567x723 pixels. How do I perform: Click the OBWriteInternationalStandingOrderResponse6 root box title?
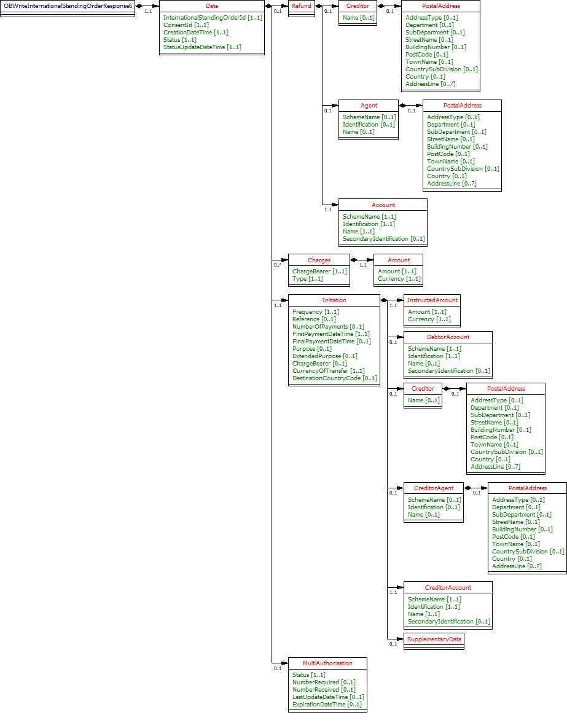tap(68, 6)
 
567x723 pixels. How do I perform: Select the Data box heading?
tap(212, 6)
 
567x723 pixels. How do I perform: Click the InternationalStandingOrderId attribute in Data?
tap(213, 18)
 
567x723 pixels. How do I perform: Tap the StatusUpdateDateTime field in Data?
tap(202, 47)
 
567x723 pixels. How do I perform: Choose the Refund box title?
tap(301, 6)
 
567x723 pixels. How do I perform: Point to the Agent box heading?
tap(369, 106)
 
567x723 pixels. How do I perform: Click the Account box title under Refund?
tap(383, 205)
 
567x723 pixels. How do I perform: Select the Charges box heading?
tap(319, 260)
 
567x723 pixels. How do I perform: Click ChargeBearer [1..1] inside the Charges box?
tap(319, 272)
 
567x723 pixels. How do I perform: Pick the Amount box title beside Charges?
tap(399, 260)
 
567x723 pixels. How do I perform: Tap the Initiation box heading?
tap(334, 300)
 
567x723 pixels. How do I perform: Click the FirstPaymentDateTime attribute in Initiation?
tap(330, 334)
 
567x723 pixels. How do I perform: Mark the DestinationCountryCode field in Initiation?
tap(335, 378)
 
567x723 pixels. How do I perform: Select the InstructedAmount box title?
tap(432, 300)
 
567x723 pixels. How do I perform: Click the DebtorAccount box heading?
tap(448, 337)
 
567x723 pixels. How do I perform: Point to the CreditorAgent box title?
tap(434, 489)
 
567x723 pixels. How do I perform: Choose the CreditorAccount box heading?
tap(448, 588)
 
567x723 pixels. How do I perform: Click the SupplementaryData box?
tap(434, 639)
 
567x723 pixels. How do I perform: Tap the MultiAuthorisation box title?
tap(327, 663)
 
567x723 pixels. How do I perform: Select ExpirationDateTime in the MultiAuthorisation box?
tap(327, 705)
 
